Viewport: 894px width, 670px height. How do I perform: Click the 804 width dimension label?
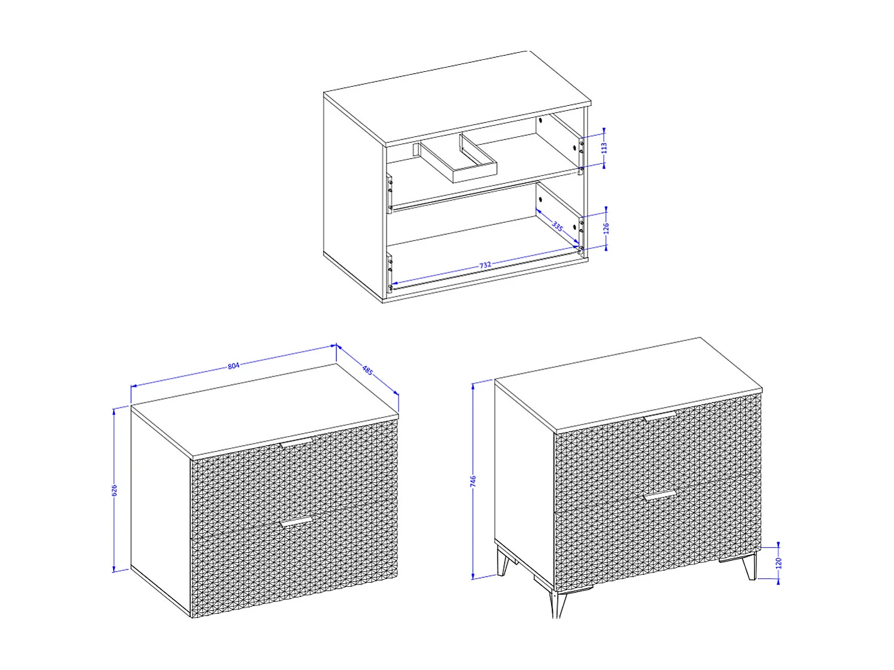[x=233, y=366]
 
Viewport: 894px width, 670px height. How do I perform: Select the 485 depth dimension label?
[x=367, y=370]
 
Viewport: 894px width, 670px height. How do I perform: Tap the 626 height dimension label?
[x=115, y=490]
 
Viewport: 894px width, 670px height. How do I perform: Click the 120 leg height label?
[x=779, y=562]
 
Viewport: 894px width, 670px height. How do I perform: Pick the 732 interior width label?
[x=485, y=264]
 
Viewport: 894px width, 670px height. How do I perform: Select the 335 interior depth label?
[x=557, y=226]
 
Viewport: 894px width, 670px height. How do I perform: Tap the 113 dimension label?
[x=604, y=147]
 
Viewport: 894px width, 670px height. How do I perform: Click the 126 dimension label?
[x=606, y=228]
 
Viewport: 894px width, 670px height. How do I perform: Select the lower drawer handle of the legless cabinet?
[x=296, y=522]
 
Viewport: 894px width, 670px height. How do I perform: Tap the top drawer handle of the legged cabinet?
[x=660, y=416]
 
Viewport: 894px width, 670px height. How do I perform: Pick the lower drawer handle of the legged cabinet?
[x=659, y=495]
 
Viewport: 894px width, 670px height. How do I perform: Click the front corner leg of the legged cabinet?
[x=559, y=604]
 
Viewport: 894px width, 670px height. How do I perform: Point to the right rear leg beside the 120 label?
[x=750, y=568]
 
